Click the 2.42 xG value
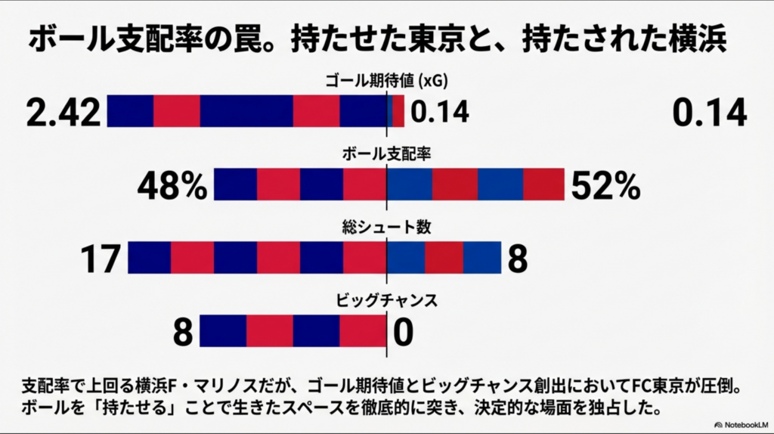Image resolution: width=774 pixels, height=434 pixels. tap(63, 113)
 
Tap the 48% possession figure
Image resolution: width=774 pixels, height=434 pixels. tap(172, 186)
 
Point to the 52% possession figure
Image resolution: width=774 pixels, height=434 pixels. tap(605, 186)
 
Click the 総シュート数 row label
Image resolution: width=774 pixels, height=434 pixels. tap(387, 225)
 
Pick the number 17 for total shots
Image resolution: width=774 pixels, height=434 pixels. tap(101, 259)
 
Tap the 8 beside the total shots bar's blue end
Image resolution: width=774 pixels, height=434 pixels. tap(517, 259)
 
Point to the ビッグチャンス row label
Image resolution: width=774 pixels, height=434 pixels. tap(387, 299)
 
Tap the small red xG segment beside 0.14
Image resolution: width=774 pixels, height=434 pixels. tap(398, 111)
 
